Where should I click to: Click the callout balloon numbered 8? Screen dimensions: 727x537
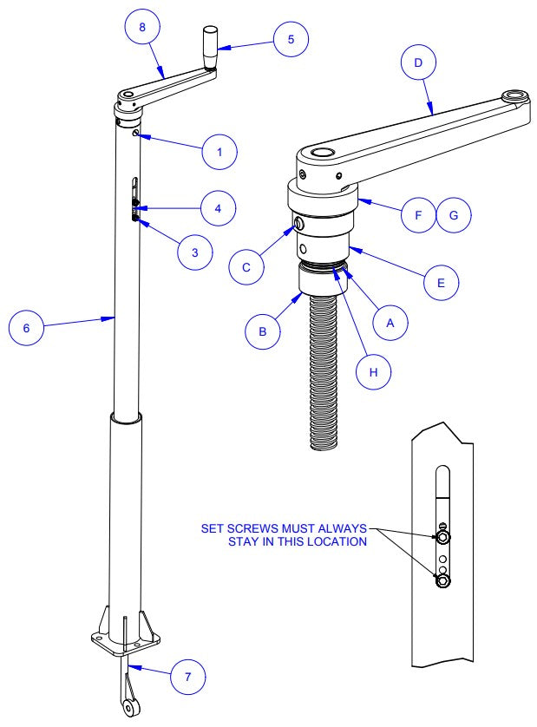pyautogui.click(x=142, y=27)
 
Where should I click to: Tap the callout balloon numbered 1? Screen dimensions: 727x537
pyautogui.click(x=219, y=151)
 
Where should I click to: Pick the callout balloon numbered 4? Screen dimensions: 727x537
pyautogui.click(x=219, y=208)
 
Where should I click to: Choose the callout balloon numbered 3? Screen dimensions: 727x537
pyautogui.click(x=195, y=252)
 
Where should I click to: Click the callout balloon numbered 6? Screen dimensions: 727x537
pyautogui.click(x=26, y=329)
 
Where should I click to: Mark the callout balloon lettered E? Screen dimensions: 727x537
pyautogui.click(x=442, y=282)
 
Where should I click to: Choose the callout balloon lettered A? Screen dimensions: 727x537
pyautogui.click(x=390, y=321)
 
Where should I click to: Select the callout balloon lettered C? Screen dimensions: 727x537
pyautogui.click(x=246, y=267)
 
